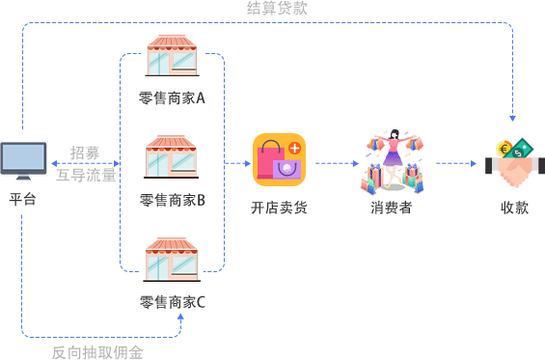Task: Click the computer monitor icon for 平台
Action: [x=23, y=160]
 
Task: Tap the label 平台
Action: [x=22, y=200]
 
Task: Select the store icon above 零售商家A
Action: [x=172, y=55]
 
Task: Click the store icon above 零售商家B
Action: [x=172, y=156]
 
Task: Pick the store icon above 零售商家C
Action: [x=172, y=260]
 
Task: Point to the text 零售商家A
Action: [x=172, y=98]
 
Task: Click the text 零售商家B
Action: [x=173, y=201]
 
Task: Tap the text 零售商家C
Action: [x=173, y=302]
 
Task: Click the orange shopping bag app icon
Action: [x=279, y=159]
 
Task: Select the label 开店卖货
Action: [x=279, y=208]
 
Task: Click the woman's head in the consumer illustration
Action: [x=395, y=134]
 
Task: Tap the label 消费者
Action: [x=392, y=208]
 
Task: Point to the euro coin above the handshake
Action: [x=504, y=150]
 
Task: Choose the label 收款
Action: [x=515, y=208]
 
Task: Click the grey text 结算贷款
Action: [x=277, y=8]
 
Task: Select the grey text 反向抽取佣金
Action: [x=97, y=352]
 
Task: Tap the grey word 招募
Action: [x=85, y=152]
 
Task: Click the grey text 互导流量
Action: [x=86, y=175]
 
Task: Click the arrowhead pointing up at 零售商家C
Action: [x=180, y=317]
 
